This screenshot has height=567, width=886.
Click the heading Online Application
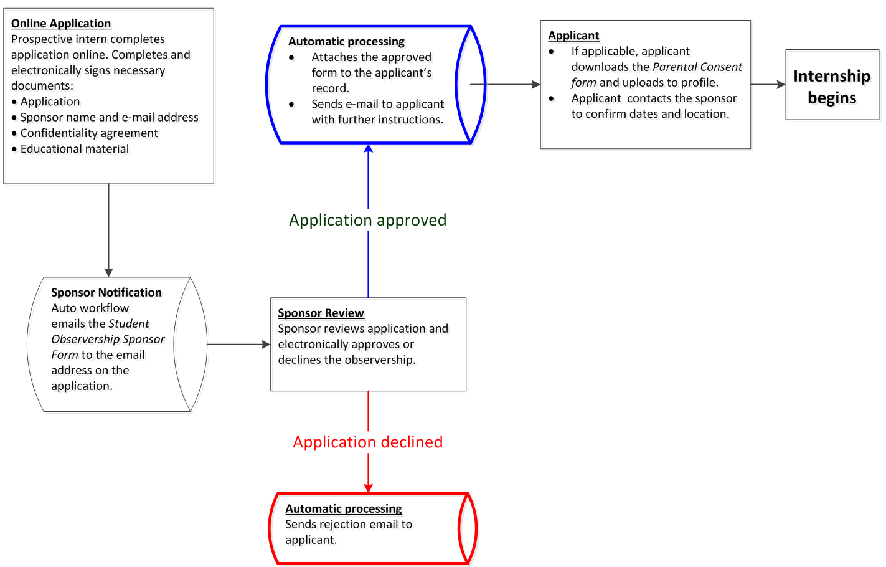click(61, 24)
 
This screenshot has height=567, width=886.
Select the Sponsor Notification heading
click(106, 293)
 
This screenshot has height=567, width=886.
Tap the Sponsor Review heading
click(321, 313)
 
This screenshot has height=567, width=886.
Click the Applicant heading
click(573, 36)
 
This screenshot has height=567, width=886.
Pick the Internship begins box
click(832, 85)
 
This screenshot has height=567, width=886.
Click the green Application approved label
click(367, 221)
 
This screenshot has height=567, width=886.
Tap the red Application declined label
click(367, 442)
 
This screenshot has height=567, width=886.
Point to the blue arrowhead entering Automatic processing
click(368, 148)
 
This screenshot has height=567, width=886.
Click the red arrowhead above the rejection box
click(368, 487)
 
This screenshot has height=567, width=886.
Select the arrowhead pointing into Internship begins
click(781, 85)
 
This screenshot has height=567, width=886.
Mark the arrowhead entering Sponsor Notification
click(108, 272)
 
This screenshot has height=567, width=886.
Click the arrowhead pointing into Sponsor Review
click(266, 345)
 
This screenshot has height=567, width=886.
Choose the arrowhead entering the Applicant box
click(535, 85)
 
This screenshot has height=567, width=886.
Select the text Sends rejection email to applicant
click(348, 532)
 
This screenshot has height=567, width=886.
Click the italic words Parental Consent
click(697, 67)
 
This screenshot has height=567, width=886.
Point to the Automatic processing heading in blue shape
click(346, 42)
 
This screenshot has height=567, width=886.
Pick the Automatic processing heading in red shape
click(343, 509)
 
